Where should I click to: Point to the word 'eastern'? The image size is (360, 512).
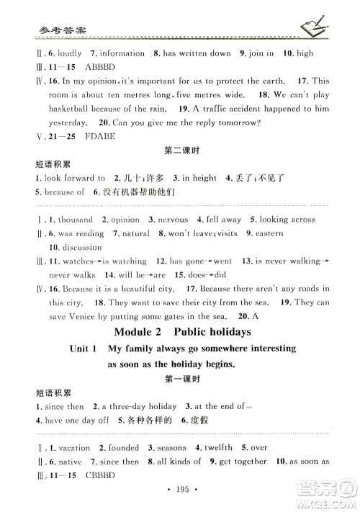pyautogui.click(x=268, y=233)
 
